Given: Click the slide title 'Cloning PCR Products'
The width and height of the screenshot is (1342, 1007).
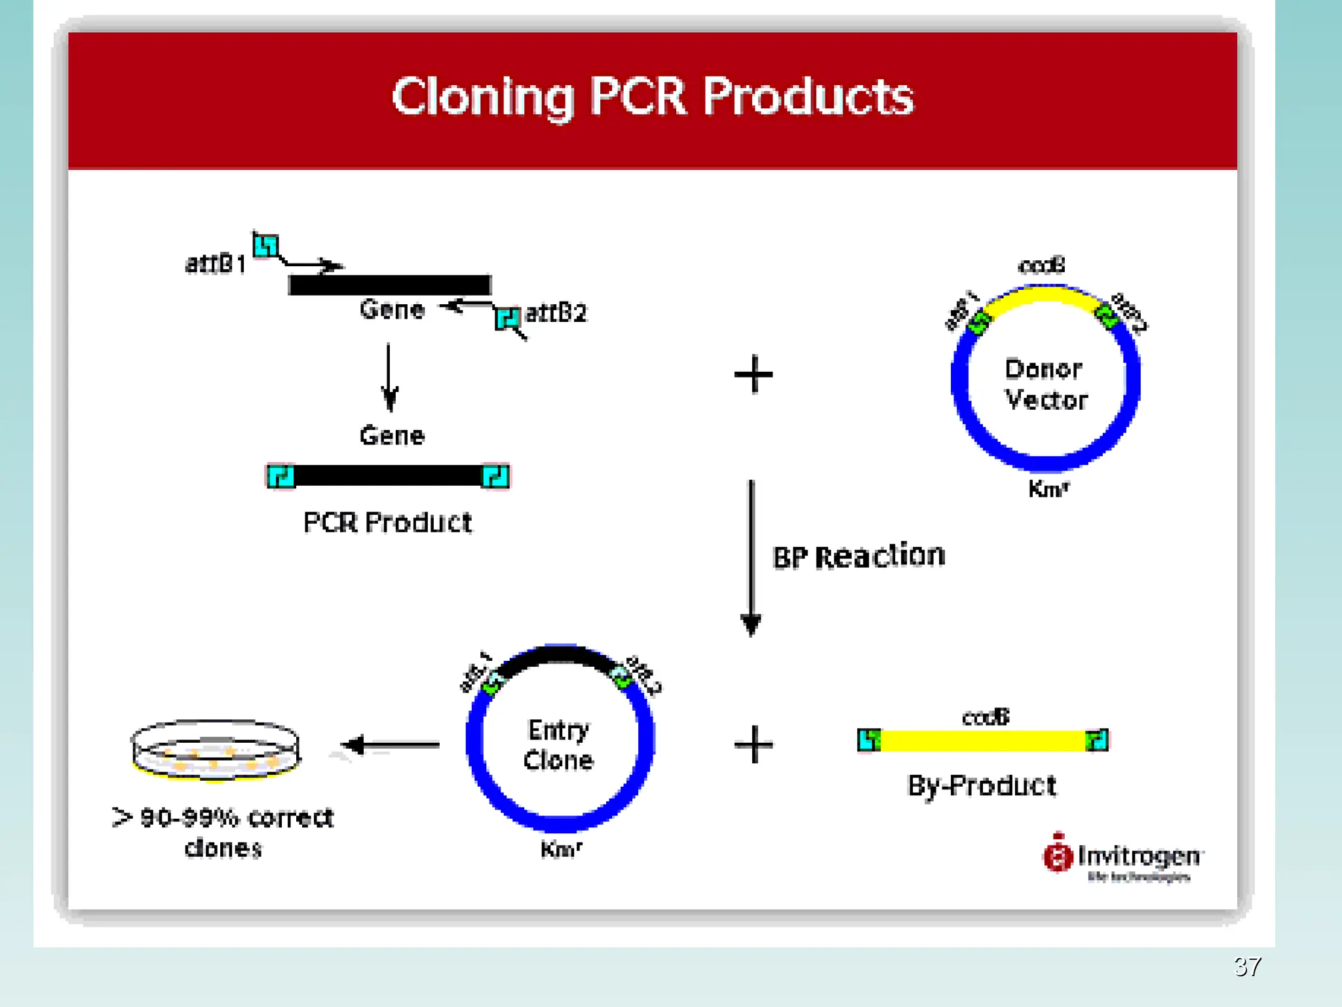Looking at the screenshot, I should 652,97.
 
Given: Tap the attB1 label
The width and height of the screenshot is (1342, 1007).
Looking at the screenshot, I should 216,264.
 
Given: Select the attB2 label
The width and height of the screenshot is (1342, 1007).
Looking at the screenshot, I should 556,313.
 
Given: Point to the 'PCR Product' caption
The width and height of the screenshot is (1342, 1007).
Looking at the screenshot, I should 387,523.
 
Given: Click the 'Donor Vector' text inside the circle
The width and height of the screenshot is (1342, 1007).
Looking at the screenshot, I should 1045,385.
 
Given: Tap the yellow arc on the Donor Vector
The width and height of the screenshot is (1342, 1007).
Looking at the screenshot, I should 1042,294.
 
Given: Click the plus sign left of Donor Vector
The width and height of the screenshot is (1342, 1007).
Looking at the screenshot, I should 754,374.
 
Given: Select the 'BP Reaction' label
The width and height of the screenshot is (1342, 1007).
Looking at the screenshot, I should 859,557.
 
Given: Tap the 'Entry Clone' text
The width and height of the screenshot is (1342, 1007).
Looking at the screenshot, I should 559,745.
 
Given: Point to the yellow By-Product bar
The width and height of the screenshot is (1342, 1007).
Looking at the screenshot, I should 983,741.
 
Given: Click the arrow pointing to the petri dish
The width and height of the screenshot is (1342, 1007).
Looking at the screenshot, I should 391,745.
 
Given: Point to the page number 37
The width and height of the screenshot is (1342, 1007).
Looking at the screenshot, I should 1247,966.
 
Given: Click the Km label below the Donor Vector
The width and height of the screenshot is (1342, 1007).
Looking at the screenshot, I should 1048,489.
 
